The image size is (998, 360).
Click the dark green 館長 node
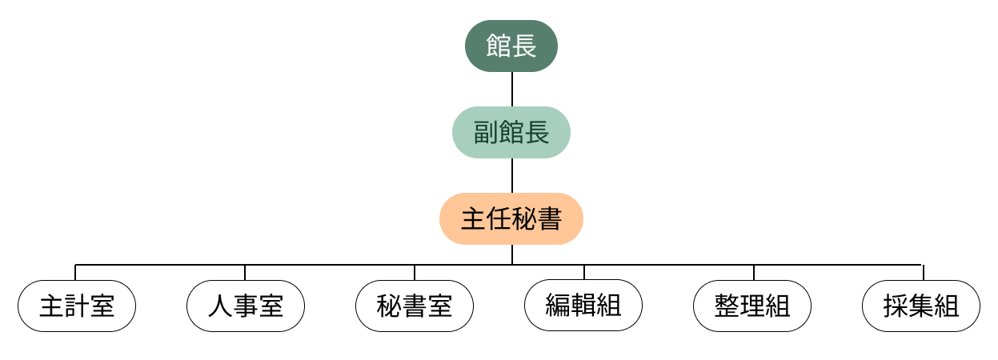point(511,46)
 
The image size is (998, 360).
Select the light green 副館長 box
point(511,132)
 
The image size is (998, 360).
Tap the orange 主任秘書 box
point(511,218)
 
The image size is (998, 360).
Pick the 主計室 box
point(77,306)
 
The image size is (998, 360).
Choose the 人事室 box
point(246,306)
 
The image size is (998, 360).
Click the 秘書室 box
point(415,306)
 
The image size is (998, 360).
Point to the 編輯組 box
point(583,306)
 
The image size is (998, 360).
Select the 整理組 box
point(752,306)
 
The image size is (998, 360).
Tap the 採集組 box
point(921,306)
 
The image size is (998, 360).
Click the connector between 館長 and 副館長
point(511,89)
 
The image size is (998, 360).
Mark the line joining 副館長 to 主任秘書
point(511,175)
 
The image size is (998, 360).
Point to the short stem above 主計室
point(75,272)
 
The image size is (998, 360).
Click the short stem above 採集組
point(923,272)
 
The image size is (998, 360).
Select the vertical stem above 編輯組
point(584,272)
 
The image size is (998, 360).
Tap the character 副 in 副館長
point(486,133)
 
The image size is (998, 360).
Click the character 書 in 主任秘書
point(550,219)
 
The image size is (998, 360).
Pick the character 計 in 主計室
point(77,306)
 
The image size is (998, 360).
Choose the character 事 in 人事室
point(246,306)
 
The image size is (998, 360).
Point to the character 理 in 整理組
point(752,306)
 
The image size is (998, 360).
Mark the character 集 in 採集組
point(921,306)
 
